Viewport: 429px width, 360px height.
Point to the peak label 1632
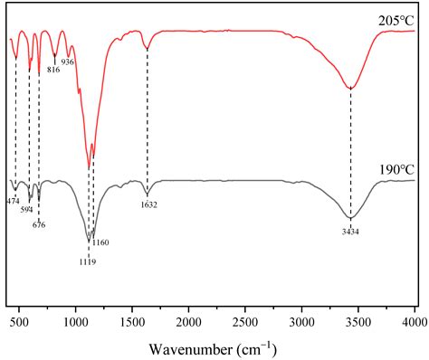[x=148, y=205]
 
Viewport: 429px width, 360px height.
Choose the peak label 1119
[x=87, y=261]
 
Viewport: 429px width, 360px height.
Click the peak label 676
[x=38, y=224]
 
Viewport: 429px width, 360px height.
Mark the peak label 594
[x=26, y=209]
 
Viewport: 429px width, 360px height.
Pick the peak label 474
[x=13, y=200]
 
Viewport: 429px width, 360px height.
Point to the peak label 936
[x=68, y=62]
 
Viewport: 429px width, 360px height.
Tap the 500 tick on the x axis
[x=19, y=321]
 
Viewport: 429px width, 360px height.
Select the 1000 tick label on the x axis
[x=75, y=321]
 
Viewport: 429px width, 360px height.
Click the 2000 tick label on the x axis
[x=188, y=321]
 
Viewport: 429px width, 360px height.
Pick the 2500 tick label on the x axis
[x=245, y=321]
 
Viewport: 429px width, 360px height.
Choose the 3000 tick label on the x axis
[x=301, y=321]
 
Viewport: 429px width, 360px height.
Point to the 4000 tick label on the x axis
[x=414, y=321]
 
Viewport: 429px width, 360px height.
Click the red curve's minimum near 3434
[x=350, y=88]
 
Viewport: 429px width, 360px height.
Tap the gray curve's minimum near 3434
[x=350, y=218]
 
